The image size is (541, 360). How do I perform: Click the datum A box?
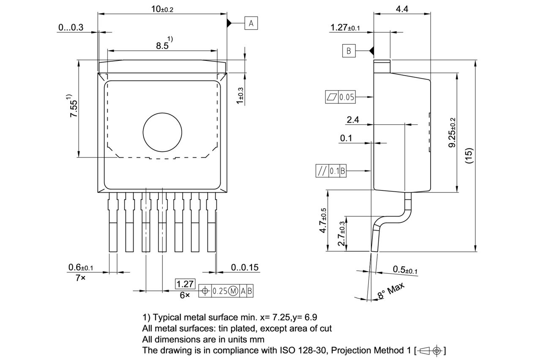251,23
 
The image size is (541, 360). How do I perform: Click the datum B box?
349,51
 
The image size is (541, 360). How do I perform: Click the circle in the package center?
162,132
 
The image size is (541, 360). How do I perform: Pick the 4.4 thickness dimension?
402,9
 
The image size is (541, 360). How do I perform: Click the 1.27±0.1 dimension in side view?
345,28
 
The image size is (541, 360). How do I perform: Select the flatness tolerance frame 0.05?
340,97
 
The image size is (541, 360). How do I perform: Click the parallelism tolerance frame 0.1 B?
331,171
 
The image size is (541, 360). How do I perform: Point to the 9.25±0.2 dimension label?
453,132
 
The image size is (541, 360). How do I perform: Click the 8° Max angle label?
391,291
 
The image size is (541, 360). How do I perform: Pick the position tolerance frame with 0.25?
226,291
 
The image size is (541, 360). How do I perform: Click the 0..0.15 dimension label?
245,268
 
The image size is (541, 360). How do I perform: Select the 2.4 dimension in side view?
352,120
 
